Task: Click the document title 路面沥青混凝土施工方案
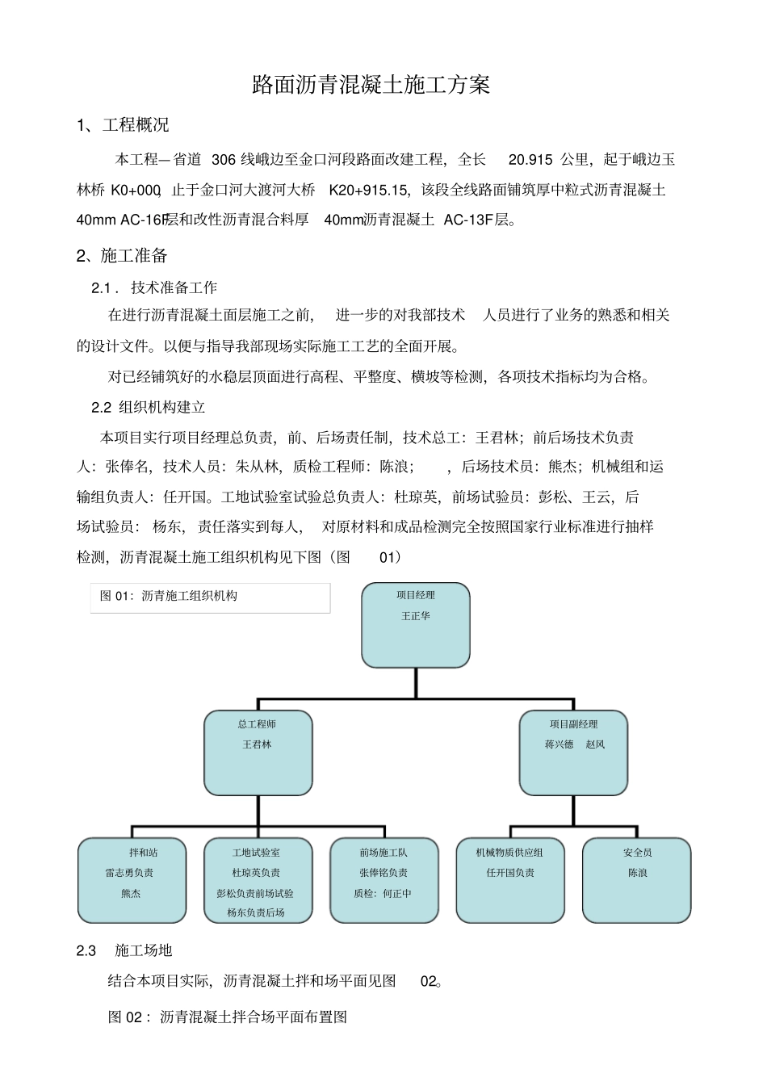(371, 85)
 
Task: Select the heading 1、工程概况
(123, 125)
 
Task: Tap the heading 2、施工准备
(122, 256)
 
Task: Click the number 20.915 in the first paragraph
(530, 160)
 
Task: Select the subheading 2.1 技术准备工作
(154, 287)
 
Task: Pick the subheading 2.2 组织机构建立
(149, 407)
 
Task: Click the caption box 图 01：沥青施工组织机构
(210, 597)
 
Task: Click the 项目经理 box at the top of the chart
(416, 625)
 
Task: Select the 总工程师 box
(258, 753)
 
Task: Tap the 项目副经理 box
(573, 753)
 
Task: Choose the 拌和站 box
(132, 880)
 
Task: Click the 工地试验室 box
(258, 880)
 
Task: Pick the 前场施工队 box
(384, 880)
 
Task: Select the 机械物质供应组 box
(510, 880)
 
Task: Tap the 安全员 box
(636, 880)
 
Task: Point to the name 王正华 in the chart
(416, 616)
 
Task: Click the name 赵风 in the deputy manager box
(595, 744)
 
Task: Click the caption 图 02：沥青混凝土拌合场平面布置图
(228, 1017)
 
